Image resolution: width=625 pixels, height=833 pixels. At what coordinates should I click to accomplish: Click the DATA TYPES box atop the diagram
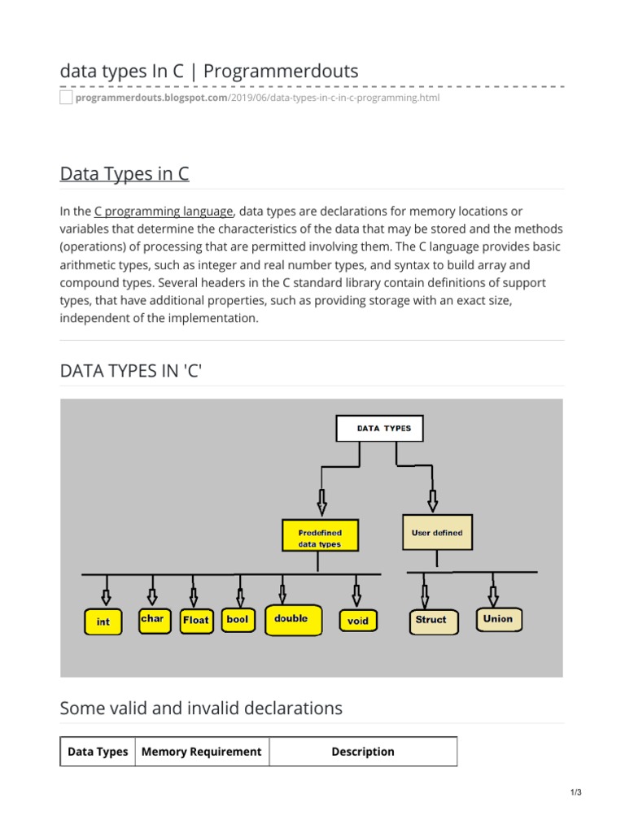[x=379, y=429]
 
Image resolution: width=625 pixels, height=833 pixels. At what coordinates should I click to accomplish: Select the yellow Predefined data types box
[x=319, y=538]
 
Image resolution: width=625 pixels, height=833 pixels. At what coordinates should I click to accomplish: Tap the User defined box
[x=437, y=533]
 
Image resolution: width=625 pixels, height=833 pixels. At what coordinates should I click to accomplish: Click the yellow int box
[x=103, y=621]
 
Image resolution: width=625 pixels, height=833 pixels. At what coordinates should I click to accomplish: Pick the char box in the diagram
[x=152, y=619]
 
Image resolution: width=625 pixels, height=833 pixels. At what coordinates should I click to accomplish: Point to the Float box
[x=195, y=620]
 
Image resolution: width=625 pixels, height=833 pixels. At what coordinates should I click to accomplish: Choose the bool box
[x=238, y=620]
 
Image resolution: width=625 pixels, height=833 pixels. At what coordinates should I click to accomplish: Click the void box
[x=357, y=621]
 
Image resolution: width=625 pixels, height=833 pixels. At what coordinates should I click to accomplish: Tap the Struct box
[x=431, y=620]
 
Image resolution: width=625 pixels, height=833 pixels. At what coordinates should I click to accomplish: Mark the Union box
[x=498, y=619]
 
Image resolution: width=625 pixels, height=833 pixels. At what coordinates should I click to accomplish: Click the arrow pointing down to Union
[x=492, y=590]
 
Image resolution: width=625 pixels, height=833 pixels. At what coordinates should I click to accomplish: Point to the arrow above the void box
[x=356, y=591]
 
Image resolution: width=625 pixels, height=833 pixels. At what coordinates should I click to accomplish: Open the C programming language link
[x=164, y=211]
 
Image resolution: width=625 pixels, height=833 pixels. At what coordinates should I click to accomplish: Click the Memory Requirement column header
[x=202, y=752]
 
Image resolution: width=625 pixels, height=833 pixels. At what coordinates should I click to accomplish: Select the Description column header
[x=363, y=752]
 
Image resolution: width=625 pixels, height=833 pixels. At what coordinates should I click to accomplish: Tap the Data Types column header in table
[x=98, y=752]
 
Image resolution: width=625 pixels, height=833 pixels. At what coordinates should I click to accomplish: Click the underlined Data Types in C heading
[x=125, y=174]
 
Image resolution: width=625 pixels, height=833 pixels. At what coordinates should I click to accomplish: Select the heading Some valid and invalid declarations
[x=201, y=709]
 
